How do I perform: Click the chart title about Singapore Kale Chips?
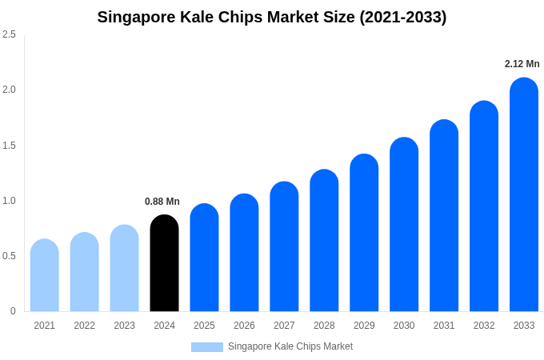pos(272,17)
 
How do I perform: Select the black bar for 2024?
pos(164,264)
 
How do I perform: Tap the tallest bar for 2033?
pos(524,196)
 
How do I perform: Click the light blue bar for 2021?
pos(45,276)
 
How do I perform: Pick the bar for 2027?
pos(284,248)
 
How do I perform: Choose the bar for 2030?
pos(404,226)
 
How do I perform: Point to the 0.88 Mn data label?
pos(162,202)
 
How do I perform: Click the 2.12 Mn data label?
pos(522,64)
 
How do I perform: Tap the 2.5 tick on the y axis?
pos(9,34)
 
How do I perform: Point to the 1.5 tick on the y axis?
pos(9,146)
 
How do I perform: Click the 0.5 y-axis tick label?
pos(9,256)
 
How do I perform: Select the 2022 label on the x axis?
pos(84,326)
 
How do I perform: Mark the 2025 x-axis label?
pos(204,326)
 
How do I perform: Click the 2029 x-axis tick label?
pos(364,326)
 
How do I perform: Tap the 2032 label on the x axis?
pos(484,326)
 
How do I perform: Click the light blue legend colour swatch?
pos(206,347)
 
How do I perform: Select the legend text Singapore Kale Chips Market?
pos(290,346)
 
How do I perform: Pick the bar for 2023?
pos(124,269)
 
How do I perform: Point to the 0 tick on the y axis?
pos(13,311)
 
